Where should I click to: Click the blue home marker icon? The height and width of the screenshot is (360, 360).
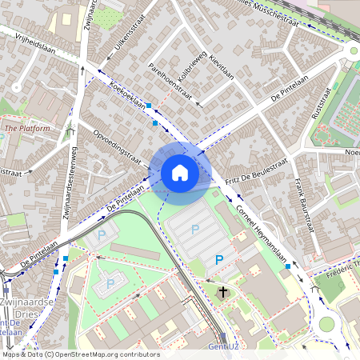180,172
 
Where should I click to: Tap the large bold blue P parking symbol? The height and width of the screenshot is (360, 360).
219,260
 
